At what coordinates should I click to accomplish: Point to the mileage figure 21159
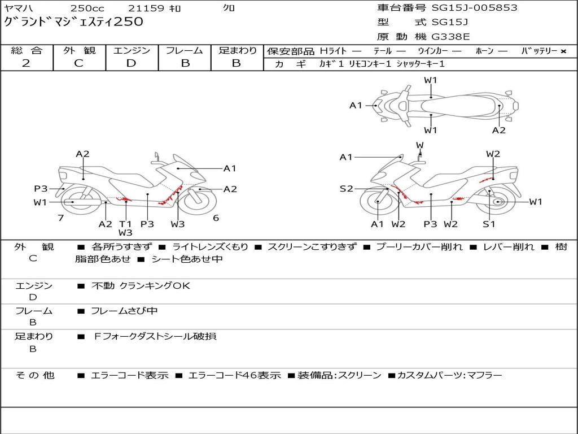146,8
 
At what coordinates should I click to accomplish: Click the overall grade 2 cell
26,63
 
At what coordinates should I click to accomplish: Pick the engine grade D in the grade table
131,63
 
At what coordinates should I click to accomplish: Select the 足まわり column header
238,51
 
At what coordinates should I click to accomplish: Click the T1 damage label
125,224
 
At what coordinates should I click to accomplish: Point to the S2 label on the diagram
346,189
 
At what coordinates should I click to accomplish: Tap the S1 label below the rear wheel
489,224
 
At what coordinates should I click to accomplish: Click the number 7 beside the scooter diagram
60,218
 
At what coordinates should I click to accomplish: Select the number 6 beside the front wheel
216,218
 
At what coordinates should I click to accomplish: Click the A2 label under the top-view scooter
498,131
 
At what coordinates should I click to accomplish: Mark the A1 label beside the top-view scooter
356,105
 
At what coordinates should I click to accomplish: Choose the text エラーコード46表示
234,375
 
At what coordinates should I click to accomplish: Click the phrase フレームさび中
124,311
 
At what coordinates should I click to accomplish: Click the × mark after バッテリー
563,51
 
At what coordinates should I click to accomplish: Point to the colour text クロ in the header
229,8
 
